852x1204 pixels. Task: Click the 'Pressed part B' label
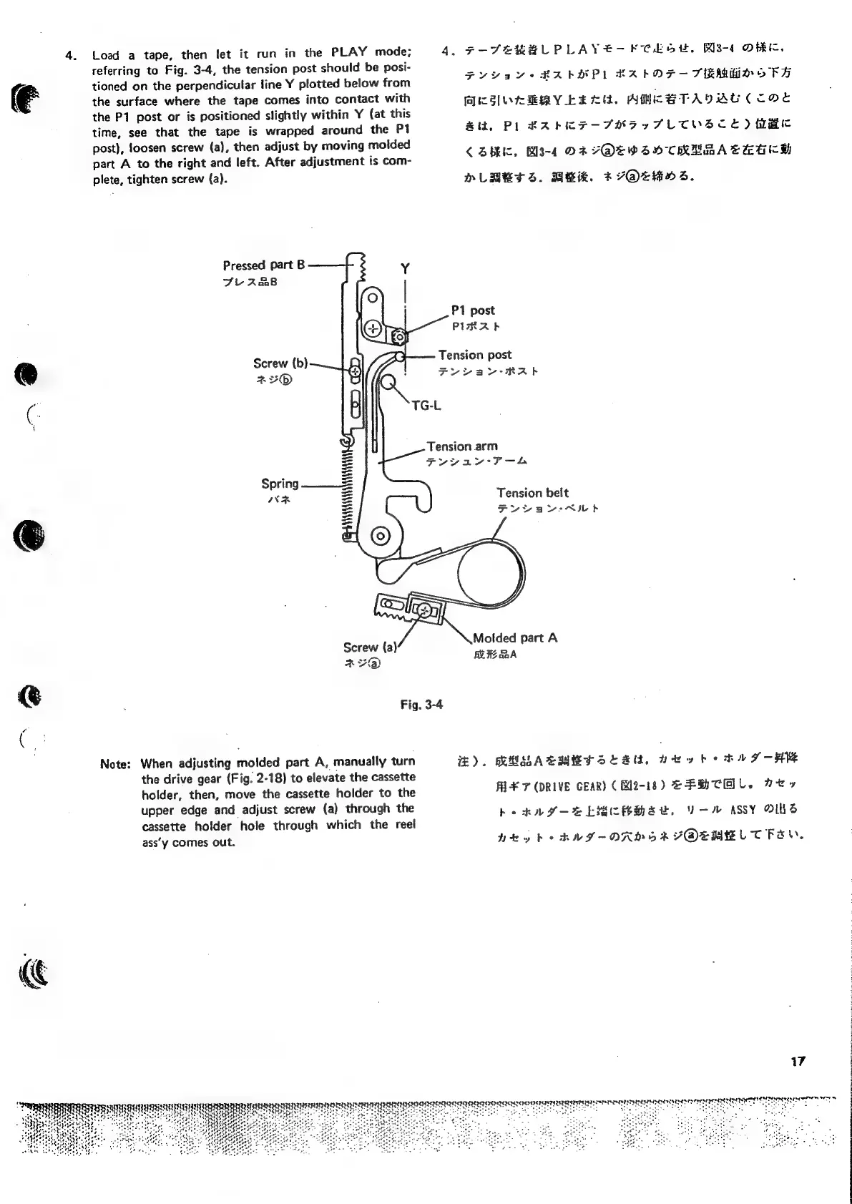pyautogui.click(x=263, y=265)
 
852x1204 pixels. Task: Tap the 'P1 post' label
pyautogui.click(x=472, y=310)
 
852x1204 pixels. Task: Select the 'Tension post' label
pyautogui.click(x=474, y=355)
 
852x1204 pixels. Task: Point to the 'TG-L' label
pyautogui.click(x=426, y=406)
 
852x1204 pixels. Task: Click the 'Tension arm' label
pyautogui.click(x=461, y=446)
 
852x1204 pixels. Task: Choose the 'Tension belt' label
pyautogui.click(x=532, y=493)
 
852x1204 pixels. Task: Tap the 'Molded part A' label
pyautogui.click(x=514, y=638)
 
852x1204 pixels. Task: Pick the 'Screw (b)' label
pyautogui.click(x=280, y=363)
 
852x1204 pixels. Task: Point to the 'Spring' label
pyautogui.click(x=280, y=484)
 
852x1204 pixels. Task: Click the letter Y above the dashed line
pyautogui.click(x=405, y=269)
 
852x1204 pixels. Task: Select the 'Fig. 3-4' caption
pyautogui.click(x=421, y=705)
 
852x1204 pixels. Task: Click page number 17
pyautogui.click(x=798, y=1061)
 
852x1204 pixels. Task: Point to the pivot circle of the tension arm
pyautogui.click(x=379, y=536)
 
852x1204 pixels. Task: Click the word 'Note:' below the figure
pyautogui.click(x=115, y=763)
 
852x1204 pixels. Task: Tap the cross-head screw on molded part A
pyautogui.click(x=424, y=610)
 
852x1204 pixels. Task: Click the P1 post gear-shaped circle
pyautogui.click(x=399, y=336)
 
